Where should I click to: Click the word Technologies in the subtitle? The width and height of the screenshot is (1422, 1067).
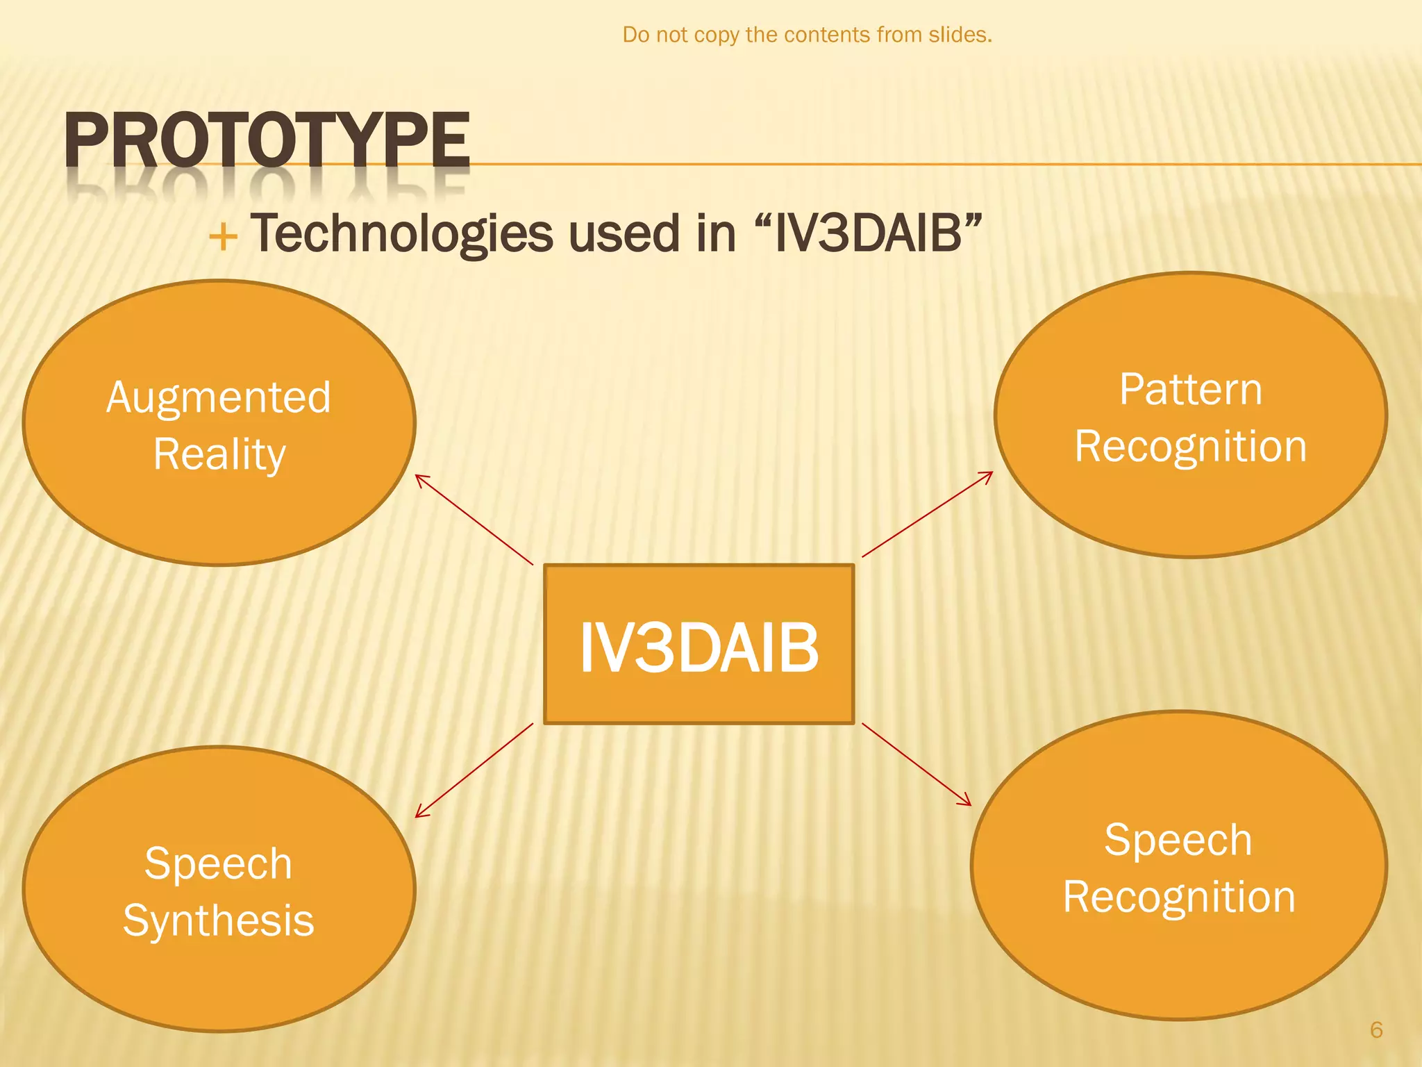click(401, 234)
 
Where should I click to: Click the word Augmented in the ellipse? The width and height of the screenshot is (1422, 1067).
click(219, 399)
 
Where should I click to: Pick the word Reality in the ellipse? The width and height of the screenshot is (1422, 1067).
click(219, 455)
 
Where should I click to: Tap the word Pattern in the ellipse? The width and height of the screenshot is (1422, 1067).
click(1190, 390)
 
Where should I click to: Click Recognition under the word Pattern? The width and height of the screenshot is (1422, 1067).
click(1190, 447)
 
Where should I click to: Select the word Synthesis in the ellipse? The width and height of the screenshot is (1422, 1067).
click(219, 921)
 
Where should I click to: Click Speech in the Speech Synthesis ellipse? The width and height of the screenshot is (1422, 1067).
click(219, 864)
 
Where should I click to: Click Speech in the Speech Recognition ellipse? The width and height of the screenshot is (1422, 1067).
click(1178, 841)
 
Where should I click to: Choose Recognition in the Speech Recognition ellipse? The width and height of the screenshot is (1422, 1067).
click(1178, 898)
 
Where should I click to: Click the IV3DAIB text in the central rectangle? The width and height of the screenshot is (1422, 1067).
click(699, 647)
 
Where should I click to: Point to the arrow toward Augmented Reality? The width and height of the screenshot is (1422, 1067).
click(474, 520)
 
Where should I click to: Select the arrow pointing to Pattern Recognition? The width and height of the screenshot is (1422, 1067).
click(928, 514)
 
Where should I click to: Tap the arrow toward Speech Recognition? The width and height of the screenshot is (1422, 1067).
click(917, 765)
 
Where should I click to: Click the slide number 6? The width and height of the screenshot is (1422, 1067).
click(1376, 1029)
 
